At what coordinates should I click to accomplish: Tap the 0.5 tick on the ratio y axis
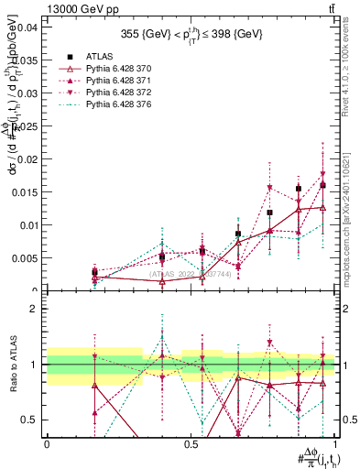pyautogui.click(x=30, y=420)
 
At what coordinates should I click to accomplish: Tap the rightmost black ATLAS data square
pyautogui.click(x=322, y=185)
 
